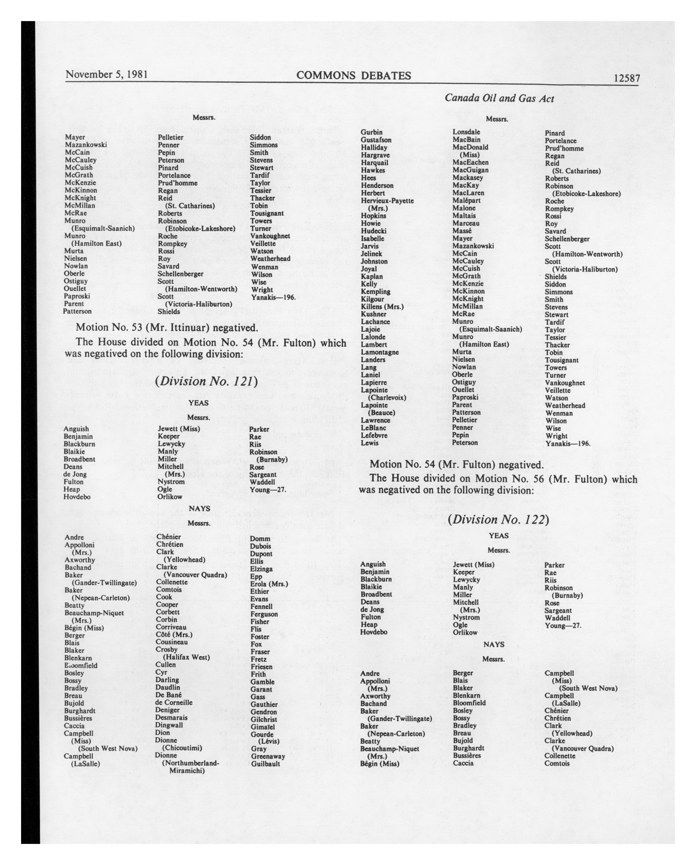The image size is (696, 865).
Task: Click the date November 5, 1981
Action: (x=107, y=75)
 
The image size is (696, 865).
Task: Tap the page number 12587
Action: (x=627, y=78)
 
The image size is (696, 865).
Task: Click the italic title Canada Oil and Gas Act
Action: (x=499, y=99)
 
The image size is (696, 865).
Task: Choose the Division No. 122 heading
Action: (x=498, y=519)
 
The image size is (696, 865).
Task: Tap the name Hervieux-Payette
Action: (x=387, y=201)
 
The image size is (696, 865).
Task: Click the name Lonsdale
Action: (x=466, y=132)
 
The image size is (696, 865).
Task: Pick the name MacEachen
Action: (x=470, y=163)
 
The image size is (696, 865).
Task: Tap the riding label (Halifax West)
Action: (x=186, y=657)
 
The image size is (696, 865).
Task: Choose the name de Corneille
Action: (x=174, y=702)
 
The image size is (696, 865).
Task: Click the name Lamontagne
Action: (x=379, y=352)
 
